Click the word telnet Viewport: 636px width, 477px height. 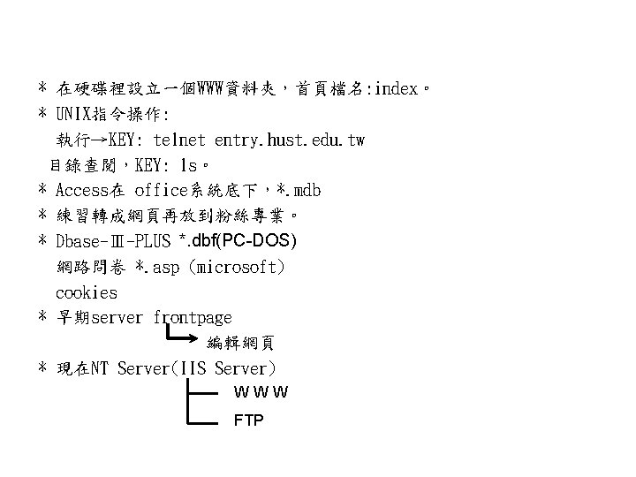coord(179,140)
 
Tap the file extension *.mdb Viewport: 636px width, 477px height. coord(299,190)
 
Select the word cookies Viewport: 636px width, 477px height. coord(86,291)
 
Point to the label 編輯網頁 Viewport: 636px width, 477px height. coord(240,343)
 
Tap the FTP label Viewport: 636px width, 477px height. coord(248,421)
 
